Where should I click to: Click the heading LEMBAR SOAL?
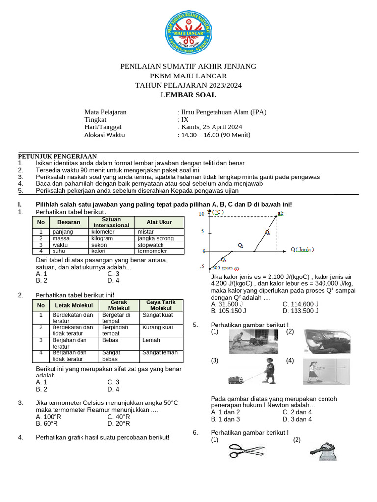[x=188, y=95]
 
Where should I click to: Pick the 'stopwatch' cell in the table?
[x=151, y=245]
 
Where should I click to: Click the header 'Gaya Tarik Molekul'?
[x=161, y=305]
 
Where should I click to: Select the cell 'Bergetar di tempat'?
[x=116, y=318]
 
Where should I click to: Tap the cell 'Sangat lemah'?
[x=160, y=353]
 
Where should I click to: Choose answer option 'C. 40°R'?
[x=118, y=417]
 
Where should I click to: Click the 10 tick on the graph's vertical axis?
[x=202, y=214]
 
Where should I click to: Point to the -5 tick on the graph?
[x=202, y=267]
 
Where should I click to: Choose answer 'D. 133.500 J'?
[x=300, y=311]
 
